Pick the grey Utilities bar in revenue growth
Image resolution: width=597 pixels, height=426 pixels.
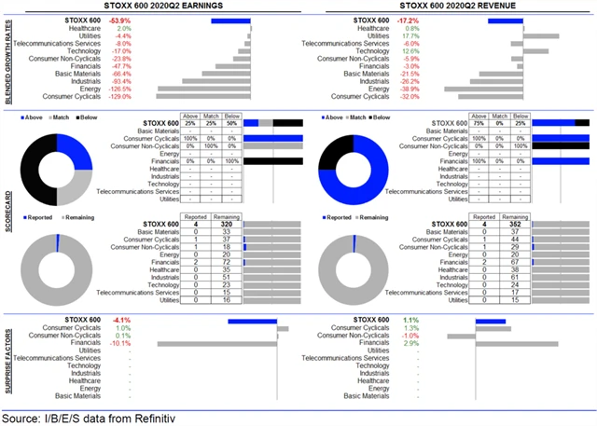[x=541, y=35]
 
